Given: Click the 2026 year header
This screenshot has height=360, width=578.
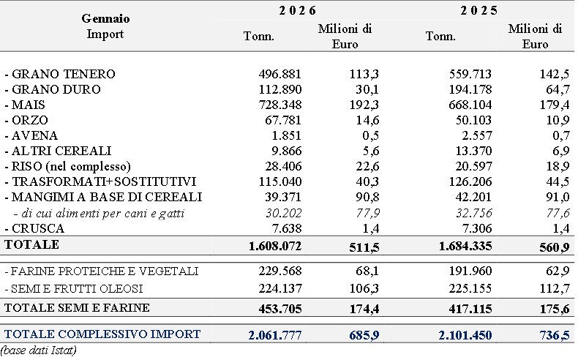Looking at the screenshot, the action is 297,10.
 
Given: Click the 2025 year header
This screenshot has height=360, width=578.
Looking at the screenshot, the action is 478,10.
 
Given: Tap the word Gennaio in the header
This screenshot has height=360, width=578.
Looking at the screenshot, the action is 105,18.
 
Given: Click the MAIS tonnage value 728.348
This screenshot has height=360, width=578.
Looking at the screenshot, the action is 280,105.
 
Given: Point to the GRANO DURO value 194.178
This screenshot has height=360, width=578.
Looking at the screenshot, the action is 470,89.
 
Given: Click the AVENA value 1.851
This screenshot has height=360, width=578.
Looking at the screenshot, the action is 286,135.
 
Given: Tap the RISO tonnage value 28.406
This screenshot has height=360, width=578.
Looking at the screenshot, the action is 283,166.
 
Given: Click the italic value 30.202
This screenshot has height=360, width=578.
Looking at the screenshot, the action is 283,213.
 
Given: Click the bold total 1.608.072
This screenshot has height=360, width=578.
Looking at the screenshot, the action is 275,246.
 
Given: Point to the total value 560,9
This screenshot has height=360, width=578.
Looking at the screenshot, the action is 555,247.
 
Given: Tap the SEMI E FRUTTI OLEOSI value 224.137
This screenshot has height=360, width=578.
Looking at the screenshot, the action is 280,288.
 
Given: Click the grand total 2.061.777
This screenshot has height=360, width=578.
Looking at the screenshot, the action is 275,335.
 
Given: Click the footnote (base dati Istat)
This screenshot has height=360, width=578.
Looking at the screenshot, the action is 39,350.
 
